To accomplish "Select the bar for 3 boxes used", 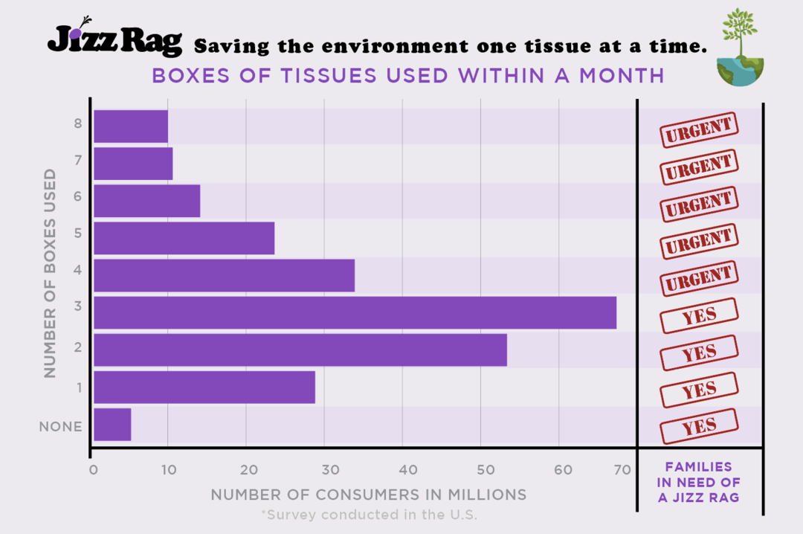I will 355,312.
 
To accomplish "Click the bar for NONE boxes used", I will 112,425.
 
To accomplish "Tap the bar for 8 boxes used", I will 131,126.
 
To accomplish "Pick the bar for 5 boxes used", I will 184,238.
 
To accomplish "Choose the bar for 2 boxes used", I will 300,350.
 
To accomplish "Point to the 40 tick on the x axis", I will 401,469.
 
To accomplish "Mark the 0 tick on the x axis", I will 94,469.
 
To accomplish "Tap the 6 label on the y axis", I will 77,196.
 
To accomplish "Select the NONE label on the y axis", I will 60,427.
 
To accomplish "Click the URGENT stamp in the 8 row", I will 699,130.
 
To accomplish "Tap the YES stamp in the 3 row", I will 699,315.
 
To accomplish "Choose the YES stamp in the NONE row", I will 699,427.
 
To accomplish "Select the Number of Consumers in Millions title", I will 368,495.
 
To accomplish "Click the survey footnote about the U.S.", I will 369,515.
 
